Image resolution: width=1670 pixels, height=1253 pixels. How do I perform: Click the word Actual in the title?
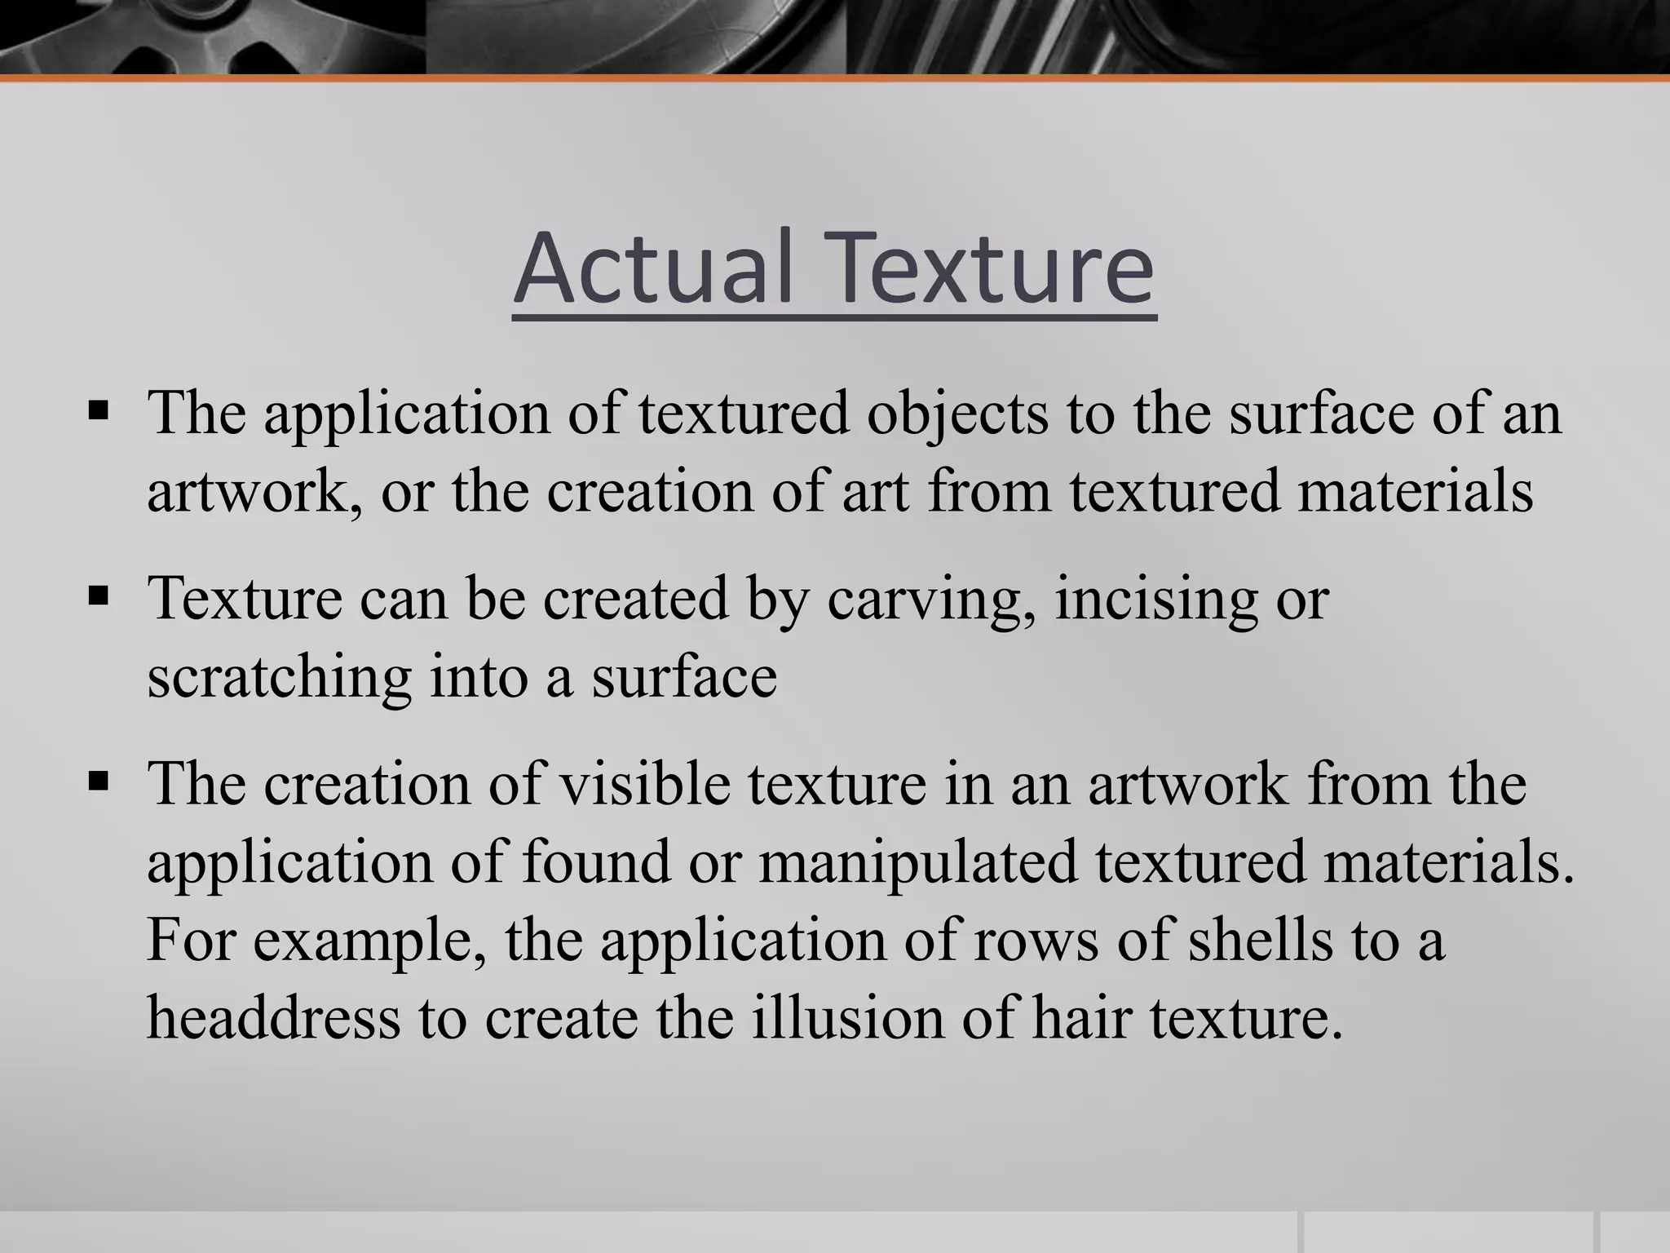pos(653,267)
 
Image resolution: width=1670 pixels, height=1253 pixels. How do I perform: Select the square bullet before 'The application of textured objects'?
pos(98,408)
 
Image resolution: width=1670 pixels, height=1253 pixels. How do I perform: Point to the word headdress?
pos(274,1019)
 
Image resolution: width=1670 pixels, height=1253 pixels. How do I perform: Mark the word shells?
pos(1260,941)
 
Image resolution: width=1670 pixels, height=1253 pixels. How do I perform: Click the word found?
pos(596,862)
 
